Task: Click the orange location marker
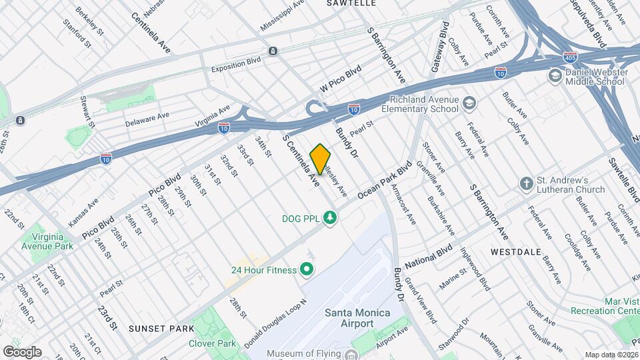(321, 159)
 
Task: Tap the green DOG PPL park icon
(329, 218)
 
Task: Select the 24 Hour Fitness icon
(307, 270)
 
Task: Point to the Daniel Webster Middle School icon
(554, 77)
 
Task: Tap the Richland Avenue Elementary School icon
(470, 103)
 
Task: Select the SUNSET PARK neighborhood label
(152, 328)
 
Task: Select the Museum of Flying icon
(351, 354)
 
